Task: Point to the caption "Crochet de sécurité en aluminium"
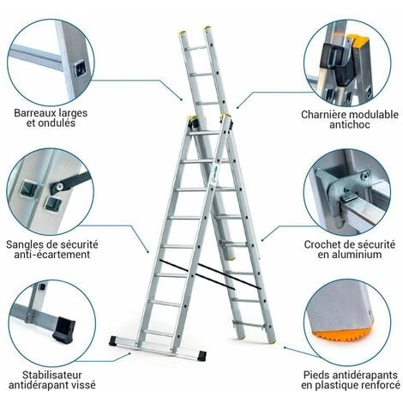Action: click(352, 249)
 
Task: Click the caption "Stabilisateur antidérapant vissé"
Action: click(53, 380)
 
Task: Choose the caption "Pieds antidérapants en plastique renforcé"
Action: click(350, 380)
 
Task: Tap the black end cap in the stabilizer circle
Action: click(63, 328)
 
